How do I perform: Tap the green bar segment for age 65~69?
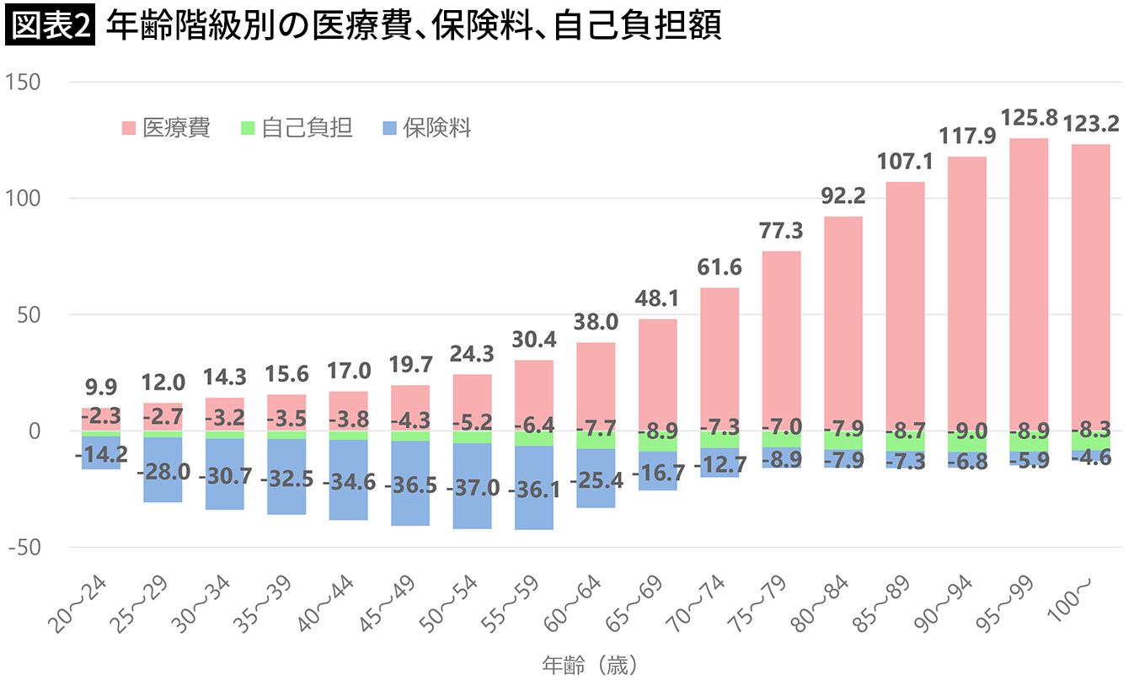pyautogui.click(x=657, y=442)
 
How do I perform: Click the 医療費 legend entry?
pyautogui.click(x=165, y=128)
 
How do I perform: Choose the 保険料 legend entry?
pyautogui.click(x=425, y=128)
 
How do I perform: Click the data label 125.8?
pyautogui.click(x=1028, y=118)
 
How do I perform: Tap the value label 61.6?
pyautogui.click(x=720, y=268)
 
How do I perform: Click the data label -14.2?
pyautogui.click(x=101, y=454)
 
